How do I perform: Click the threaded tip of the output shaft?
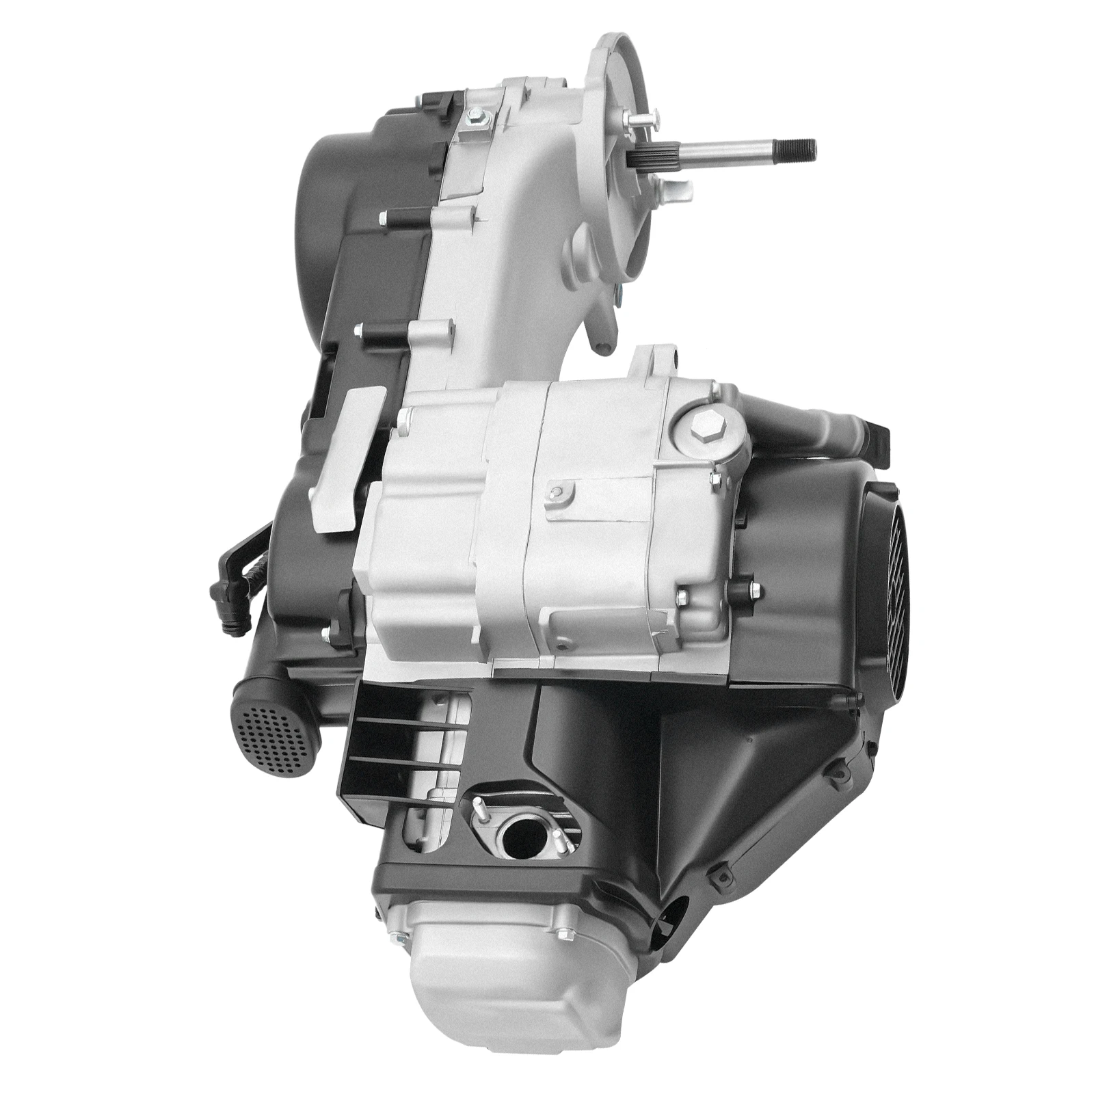807,145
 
